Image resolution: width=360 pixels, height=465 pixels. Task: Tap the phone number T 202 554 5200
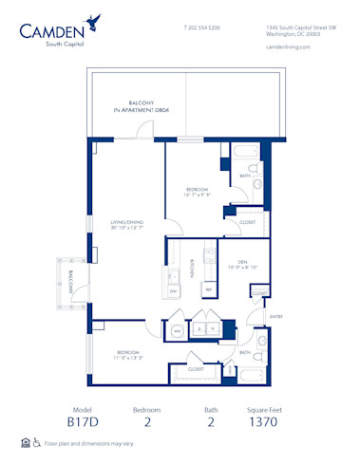[200, 29]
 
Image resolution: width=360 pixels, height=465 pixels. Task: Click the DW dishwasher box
[174, 290]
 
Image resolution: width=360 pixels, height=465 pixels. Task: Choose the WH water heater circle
[177, 329]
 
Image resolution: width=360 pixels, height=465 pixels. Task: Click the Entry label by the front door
[276, 316]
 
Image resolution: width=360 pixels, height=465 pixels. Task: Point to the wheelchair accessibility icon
[36, 442]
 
